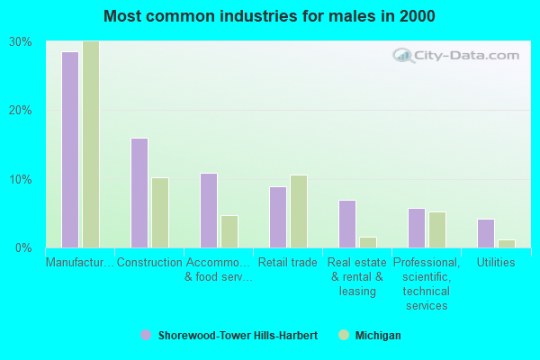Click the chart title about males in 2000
pos(269,16)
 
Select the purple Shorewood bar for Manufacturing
pos(70,149)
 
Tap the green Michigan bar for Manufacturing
pos(91,144)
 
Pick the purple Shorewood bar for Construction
pos(139,193)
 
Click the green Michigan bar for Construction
pos(160,212)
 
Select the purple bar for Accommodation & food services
pos(209,211)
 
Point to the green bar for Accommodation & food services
pos(229,231)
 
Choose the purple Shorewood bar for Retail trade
pos(278,217)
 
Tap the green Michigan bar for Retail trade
pos(299,211)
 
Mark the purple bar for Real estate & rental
pos(347,224)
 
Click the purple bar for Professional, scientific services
pos(417,228)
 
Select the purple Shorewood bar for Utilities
pos(486,233)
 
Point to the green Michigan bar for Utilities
pos(507,244)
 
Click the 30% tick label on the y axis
pos(21,41)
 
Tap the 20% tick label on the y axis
pos(21,110)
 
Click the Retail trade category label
pos(288,263)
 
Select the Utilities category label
pos(496,263)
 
